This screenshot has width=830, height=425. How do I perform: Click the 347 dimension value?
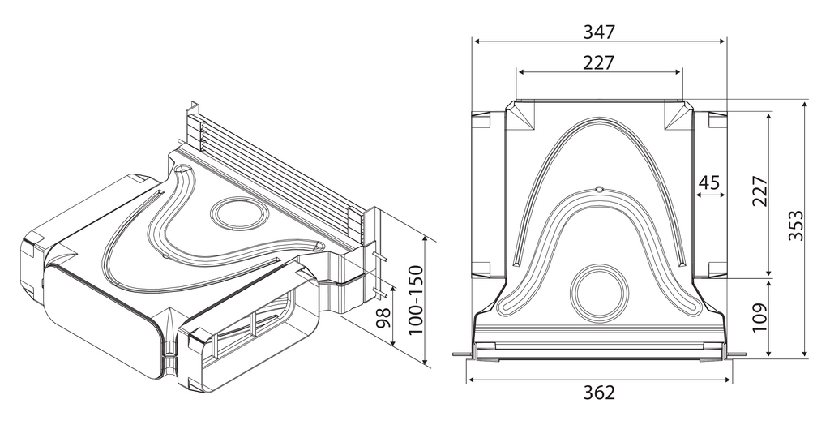(x=599, y=32)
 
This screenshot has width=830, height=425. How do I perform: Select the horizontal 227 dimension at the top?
(x=599, y=62)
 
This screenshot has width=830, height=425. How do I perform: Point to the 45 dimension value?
(x=708, y=182)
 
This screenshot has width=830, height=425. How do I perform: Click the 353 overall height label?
(x=796, y=225)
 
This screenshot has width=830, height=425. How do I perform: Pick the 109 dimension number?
(x=759, y=317)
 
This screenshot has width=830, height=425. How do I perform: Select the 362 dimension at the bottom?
(x=599, y=393)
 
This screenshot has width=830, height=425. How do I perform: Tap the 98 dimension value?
(x=383, y=318)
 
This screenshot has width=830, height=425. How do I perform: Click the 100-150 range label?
(x=417, y=299)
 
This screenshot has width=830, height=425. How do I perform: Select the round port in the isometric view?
(x=238, y=213)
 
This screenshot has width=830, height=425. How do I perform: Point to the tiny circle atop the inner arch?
(x=599, y=188)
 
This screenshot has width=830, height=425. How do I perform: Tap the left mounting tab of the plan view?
(x=461, y=354)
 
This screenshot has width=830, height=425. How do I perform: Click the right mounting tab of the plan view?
(x=738, y=354)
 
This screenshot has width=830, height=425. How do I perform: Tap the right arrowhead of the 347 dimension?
(x=722, y=41)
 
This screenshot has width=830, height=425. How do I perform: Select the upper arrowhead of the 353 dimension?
(x=805, y=104)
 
